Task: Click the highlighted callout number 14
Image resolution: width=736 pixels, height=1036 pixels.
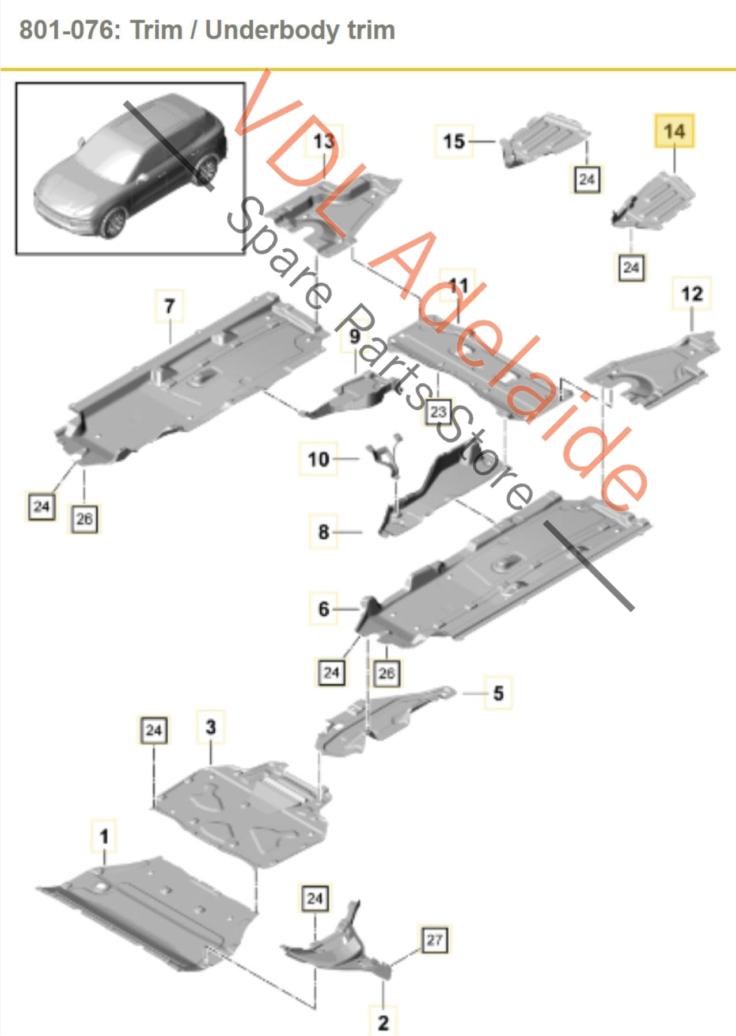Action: coord(674,131)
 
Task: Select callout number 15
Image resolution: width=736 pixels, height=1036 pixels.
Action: coord(453,141)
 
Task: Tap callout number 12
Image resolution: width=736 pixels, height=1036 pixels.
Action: coord(692,294)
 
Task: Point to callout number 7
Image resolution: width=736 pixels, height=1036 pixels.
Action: coord(169,306)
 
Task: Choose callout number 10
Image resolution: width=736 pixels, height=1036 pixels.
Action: coord(318,459)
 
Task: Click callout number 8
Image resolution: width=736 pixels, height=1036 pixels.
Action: coord(324,532)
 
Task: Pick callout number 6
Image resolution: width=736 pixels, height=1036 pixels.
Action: coord(324,608)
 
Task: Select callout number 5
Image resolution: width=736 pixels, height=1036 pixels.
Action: coord(498,692)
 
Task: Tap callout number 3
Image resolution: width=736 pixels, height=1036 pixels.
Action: coord(211,727)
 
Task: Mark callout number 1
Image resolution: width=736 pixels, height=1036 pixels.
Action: coord(104,836)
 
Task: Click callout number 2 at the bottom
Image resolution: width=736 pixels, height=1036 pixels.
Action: coord(383,1022)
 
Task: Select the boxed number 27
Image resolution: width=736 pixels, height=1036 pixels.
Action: coord(434,940)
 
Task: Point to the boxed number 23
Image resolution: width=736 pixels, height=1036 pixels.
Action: coord(439,412)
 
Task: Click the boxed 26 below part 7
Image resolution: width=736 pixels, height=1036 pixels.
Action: coord(84,519)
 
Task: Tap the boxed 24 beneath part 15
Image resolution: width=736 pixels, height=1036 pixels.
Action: coord(587,179)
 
